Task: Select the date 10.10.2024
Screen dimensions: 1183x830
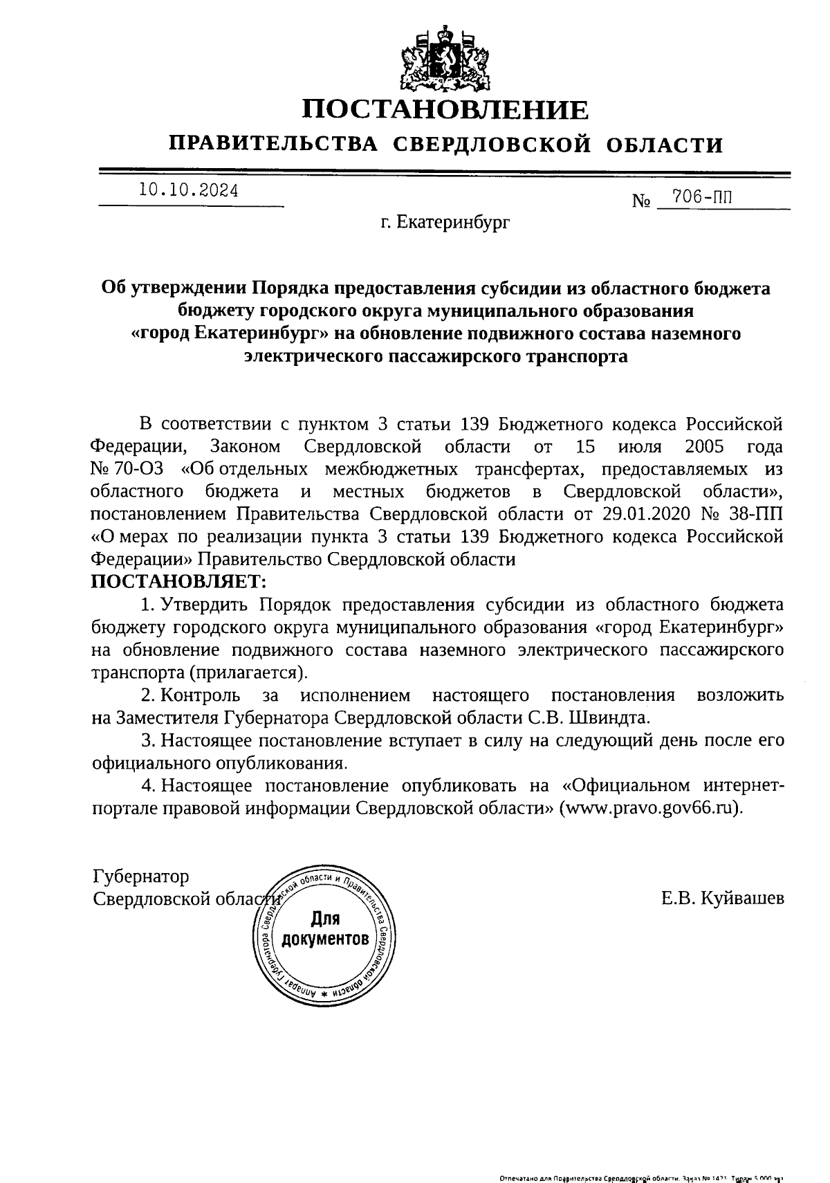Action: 188,190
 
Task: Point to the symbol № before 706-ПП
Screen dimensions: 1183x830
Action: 642,202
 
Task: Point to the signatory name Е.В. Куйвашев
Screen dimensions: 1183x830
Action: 722,898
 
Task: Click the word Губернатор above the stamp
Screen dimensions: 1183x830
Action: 140,877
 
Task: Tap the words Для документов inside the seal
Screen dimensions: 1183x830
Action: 324,928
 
